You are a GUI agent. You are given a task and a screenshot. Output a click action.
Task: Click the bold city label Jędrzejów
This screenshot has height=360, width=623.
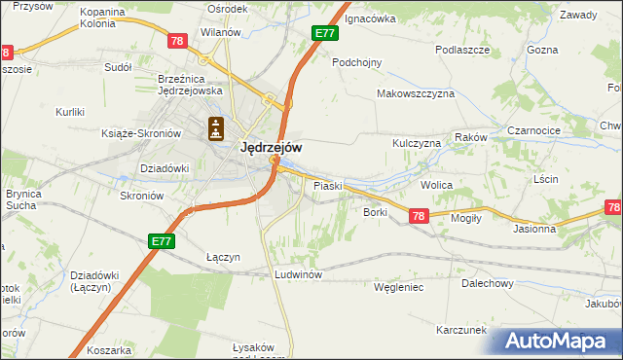(270, 148)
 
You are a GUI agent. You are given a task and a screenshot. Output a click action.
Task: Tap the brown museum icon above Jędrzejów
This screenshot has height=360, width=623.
(216, 127)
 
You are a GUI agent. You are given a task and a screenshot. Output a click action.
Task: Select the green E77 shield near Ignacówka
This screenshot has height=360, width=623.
(325, 34)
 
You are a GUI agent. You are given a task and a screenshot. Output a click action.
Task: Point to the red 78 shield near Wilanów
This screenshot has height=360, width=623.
(176, 41)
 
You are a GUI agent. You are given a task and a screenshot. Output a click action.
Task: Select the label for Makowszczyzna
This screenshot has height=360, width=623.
(416, 94)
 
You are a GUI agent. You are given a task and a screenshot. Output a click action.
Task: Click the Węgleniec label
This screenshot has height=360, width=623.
(399, 287)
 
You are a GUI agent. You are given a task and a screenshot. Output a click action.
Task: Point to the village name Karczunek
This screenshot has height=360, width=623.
(460, 330)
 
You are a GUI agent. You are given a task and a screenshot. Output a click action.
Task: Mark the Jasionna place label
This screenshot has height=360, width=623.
(534, 230)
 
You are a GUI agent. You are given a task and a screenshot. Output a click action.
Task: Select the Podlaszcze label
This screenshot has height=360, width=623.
(461, 49)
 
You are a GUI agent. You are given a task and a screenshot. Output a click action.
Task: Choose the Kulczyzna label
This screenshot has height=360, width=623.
(417, 143)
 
